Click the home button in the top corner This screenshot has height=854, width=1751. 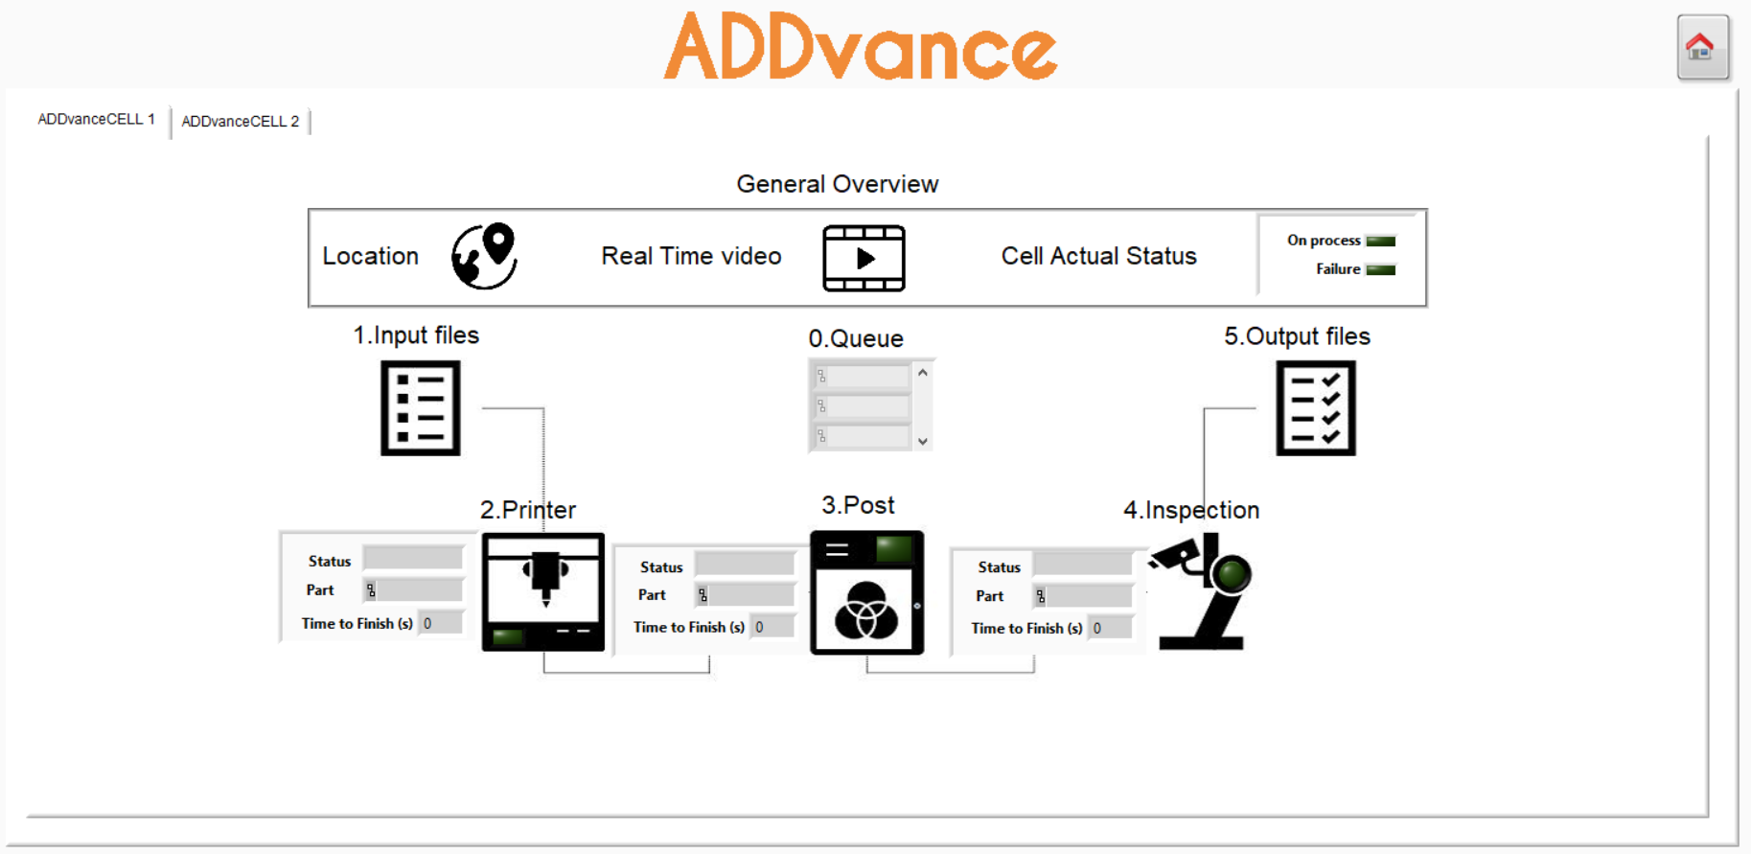(1702, 47)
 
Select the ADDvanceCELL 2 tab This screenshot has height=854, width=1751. (240, 122)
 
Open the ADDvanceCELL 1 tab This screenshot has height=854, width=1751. (96, 120)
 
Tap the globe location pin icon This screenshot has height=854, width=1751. (485, 256)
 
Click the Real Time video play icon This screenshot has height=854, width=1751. (864, 258)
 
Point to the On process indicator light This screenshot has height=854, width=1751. (1380, 241)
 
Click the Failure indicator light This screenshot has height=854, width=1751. (1380, 269)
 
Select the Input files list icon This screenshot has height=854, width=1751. (420, 407)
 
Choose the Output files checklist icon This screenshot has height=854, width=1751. (1315, 407)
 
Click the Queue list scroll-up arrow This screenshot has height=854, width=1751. (922, 373)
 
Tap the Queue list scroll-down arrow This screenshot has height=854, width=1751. (922, 441)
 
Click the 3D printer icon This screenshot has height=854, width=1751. (542, 591)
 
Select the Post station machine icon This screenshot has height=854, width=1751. (866, 592)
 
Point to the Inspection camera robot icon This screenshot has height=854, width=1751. (1202, 591)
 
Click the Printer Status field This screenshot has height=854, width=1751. (413, 559)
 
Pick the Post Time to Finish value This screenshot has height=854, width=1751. (772, 627)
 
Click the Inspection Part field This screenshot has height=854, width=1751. (1083, 596)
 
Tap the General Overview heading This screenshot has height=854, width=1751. (837, 184)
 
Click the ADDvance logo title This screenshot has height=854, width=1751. (860, 47)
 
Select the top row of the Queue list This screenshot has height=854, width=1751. (862, 377)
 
